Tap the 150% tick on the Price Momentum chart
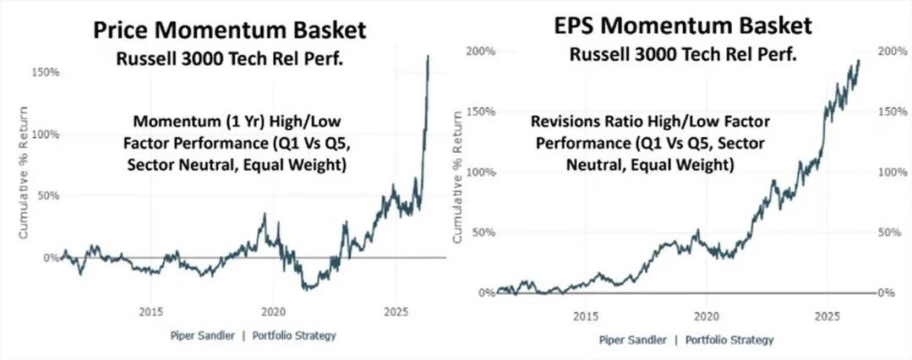46,73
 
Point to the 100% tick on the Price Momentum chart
46,134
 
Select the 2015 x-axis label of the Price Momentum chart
150,310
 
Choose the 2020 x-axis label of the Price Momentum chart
272,310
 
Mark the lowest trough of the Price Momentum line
309,289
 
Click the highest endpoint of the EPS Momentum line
860,60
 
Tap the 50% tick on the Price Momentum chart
48,196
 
